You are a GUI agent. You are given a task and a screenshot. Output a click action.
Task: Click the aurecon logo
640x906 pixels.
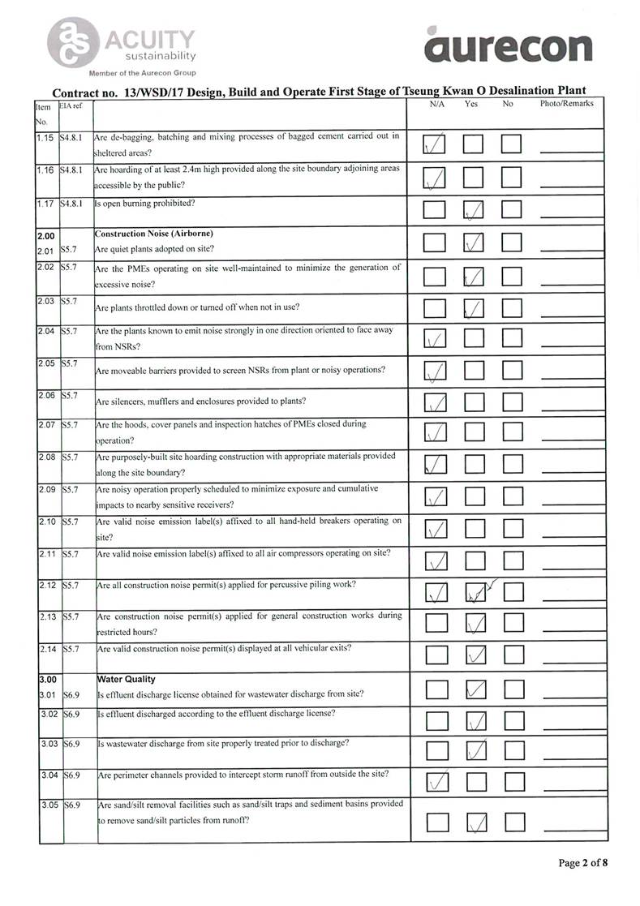(x=509, y=45)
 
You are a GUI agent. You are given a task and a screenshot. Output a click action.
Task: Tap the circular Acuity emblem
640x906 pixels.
(x=70, y=41)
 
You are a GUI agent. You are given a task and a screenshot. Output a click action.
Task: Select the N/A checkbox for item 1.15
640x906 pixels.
(x=436, y=145)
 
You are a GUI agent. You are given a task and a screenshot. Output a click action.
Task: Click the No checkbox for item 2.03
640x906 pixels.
(x=512, y=308)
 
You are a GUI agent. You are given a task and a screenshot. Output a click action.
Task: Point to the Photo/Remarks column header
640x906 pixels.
(x=566, y=104)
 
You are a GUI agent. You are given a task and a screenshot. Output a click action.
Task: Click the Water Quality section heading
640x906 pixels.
(x=126, y=679)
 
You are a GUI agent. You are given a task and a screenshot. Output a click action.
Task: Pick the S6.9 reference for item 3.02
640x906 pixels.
(x=72, y=714)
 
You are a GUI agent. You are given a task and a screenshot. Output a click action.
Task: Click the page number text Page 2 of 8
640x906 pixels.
(x=582, y=862)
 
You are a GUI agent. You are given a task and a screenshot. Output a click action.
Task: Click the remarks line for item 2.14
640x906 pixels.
(x=573, y=658)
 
